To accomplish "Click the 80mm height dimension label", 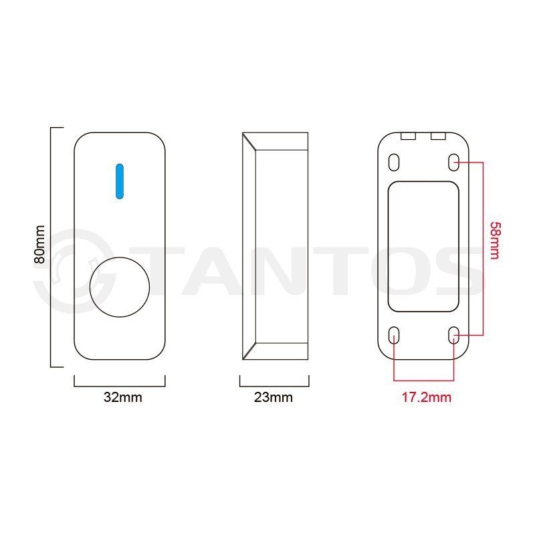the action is [x=39, y=244].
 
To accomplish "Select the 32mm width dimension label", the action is [x=123, y=397].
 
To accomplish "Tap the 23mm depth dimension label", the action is [x=274, y=397].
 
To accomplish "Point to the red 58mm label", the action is [x=495, y=241].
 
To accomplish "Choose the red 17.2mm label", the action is [x=426, y=397].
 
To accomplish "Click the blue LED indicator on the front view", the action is [x=120, y=181].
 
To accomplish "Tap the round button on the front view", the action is [x=120, y=287].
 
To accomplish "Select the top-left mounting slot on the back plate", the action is [x=394, y=163].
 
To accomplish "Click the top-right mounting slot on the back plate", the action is [x=453, y=163].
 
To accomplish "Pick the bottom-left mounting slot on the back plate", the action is [x=394, y=335].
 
